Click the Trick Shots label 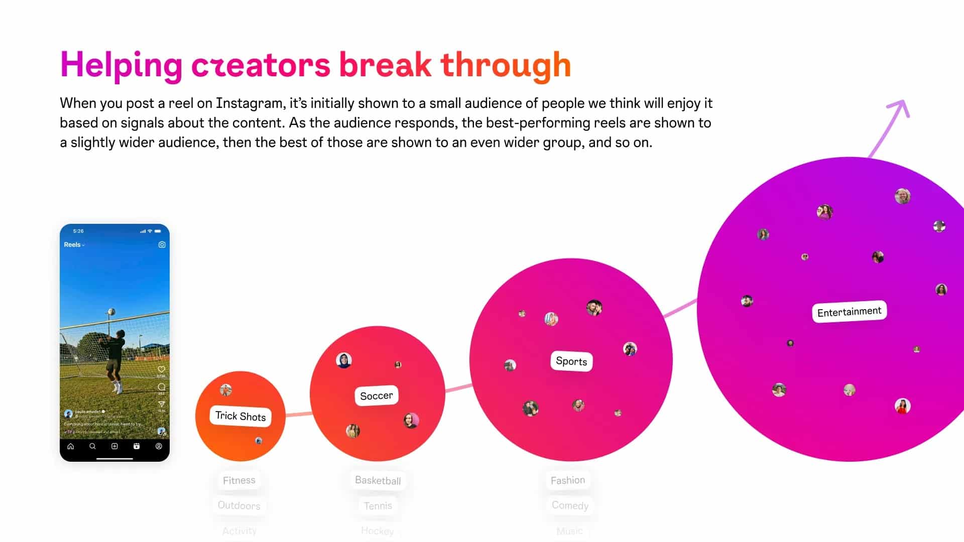tap(240, 416)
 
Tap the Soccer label tap(377, 395)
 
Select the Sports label tap(571, 361)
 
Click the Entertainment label tap(849, 312)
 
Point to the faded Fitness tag tap(239, 480)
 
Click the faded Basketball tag tap(378, 480)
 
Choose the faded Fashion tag tap(568, 480)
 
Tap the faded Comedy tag tap(570, 505)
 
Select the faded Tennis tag tap(378, 506)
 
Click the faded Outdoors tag tap(239, 505)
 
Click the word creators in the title tap(261, 65)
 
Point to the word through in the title tap(506, 65)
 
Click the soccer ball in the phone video tap(111, 312)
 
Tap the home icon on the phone tap(71, 446)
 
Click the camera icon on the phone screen tap(162, 245)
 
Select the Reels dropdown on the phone tap(74, 245)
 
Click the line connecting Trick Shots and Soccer tap(298, 414)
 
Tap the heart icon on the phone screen tap(161, 369)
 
